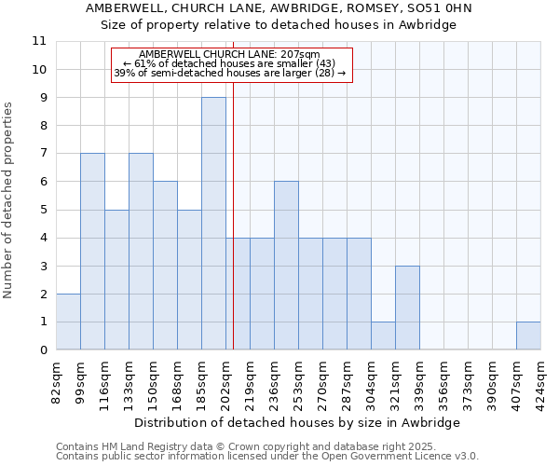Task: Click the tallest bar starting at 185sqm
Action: click(x=213, y=224)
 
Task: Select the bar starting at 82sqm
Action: click(x=68, y=322)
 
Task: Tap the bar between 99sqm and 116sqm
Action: click(x=92, y=252)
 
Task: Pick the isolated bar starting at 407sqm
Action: click(x=528, y=336)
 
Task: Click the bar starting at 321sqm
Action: click(x=407, y=308)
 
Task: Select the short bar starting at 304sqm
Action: click(x=383, y=336)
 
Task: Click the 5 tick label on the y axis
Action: click(x=43, y=210)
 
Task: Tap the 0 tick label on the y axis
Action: click(x=43, y=350)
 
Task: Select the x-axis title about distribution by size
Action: click(x=297, y=422)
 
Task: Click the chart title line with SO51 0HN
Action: click(x=279, y=7)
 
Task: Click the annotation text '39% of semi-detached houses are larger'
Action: click(x=229, y=73)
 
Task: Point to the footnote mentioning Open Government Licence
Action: click(x=267, y=456)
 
